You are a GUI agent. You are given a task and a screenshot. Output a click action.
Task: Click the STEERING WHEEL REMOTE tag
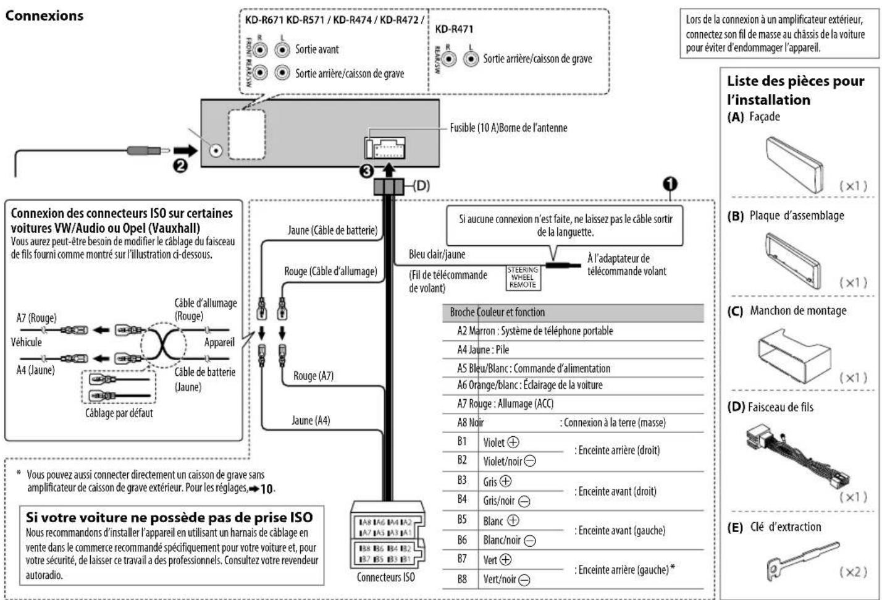pyautogui.click(x=523, y=277)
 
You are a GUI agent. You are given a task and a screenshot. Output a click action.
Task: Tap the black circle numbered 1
pyautogui.click(x=670, y=184)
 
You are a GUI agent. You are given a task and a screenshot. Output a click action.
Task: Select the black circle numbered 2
pyautogui.click(x=180, y=166)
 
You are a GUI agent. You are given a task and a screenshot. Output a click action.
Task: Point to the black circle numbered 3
pyautogui.click(x=367, y=171)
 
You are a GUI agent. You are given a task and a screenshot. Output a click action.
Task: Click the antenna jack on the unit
pyautogui.click(x=216, y=151)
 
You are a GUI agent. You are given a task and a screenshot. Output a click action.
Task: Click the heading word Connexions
pyautogui.click(x=44, y=16)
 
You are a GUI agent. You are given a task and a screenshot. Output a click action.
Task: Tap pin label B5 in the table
pyautogui.click(x=462, y=520)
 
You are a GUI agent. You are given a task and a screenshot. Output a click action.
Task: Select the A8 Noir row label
pyautogui.click(x=470, y=423)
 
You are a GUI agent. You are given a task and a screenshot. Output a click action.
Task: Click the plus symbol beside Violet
pyautogui.click(x=513, y=442)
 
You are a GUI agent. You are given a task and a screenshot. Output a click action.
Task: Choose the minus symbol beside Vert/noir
pyautogui.click(x=524, y=580)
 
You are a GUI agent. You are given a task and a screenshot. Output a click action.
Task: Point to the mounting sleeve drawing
pyautogui.click(x=794, y=356)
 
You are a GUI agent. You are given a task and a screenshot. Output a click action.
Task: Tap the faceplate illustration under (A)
pyautogui.click(x=794, y=164)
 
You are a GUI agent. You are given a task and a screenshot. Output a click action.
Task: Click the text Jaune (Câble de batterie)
pyautogui.click(x=332, y=230)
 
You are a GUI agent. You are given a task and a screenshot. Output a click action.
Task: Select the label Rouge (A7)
pyautogui.click(x=313, y=376)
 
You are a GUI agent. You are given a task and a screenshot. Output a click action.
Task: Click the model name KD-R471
pyautogui.click(x=454, y=29)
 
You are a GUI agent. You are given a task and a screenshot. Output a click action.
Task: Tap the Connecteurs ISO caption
pyautogui.click(x=385, y=577)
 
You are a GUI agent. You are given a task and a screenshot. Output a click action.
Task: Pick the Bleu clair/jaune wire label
pyautogui.click(x=437, y=255)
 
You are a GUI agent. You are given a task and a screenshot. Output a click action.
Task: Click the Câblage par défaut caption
pyautogui.click(x=119, y=413)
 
